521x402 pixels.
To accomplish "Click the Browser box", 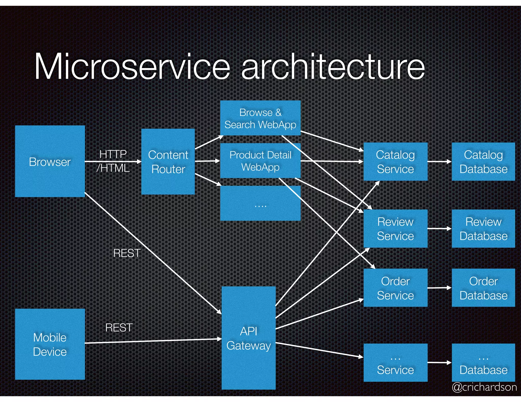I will click(x=50, y=161).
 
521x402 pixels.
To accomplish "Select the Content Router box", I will click(x=168, y=162).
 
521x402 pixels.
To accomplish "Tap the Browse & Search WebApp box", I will click(x=260, y=118).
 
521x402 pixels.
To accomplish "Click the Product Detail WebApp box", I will click(x=260, y=161).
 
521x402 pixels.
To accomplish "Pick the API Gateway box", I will click(x=249, y=338).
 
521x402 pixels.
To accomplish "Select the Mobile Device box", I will click(x=50, y=344).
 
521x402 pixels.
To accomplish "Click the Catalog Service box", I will click(x=395, y=162).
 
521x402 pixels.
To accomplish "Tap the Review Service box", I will click(x=395, y=228).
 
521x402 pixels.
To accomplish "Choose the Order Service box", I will click(x=395, y=288).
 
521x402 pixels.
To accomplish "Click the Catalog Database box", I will click(x=483, y=162).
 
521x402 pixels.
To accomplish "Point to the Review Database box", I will click(x=483, y=228).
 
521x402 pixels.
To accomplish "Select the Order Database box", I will click(x=483, y=288).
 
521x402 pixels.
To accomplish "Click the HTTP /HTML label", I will click(x=113, y=161).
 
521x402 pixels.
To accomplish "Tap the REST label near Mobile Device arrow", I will click(x=119, y=328).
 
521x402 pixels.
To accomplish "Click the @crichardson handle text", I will click(x=484, y=387).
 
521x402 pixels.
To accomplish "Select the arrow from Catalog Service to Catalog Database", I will click(x=439, y=161).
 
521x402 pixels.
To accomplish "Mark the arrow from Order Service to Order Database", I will click(x=439, y=288).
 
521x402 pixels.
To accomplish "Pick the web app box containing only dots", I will click(x=260, y=203).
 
